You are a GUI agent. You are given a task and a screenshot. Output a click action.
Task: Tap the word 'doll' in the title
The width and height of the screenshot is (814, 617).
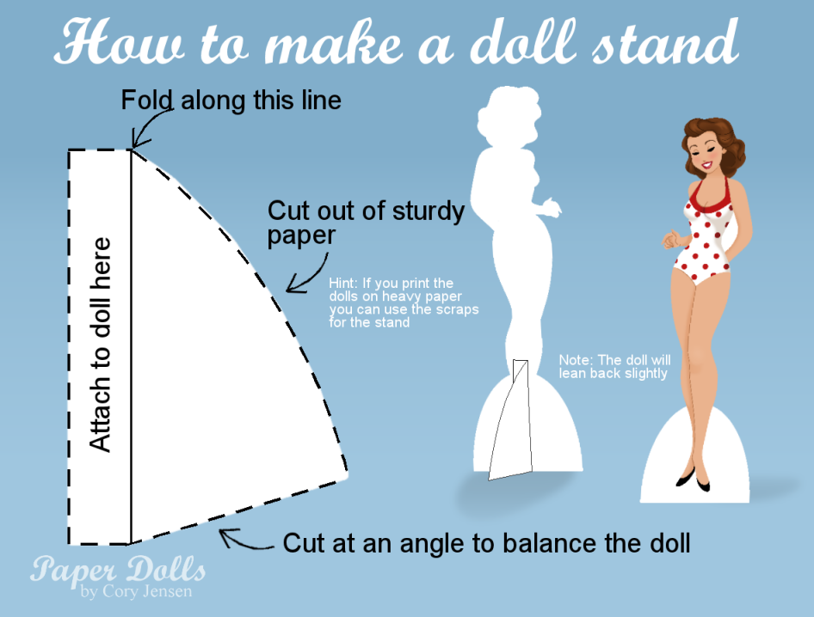[523, 41]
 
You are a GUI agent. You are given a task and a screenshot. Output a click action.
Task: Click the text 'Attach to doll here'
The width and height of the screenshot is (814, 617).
[100, 345]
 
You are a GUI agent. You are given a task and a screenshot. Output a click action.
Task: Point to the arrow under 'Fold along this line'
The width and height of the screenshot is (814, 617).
[147, 125]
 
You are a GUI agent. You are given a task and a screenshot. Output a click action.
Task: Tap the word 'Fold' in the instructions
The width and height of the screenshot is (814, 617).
[147, 100]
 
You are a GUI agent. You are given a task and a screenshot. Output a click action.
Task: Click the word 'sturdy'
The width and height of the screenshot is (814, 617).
[429, 212]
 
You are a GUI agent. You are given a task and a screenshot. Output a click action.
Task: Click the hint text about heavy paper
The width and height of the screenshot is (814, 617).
[404, 302]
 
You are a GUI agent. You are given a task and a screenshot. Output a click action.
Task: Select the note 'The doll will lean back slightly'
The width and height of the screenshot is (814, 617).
[614, 367]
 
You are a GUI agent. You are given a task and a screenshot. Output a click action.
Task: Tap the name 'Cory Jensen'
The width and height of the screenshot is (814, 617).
[147, 591]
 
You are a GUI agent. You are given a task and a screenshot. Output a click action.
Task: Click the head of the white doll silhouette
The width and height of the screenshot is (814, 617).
[509, 116]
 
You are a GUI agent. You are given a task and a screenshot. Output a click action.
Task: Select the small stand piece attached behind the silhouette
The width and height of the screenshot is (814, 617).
[510, 419]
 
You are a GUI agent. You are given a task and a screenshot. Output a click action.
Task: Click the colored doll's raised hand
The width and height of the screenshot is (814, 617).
[671, 239]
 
